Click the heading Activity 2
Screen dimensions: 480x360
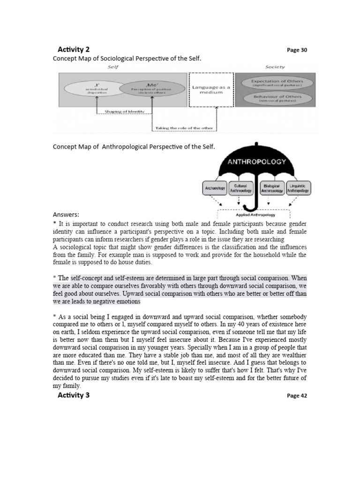74,49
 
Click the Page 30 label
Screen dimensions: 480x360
297,50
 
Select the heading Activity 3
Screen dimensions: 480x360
74,395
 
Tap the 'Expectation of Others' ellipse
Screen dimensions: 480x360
277,83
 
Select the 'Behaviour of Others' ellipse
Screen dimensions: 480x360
277,98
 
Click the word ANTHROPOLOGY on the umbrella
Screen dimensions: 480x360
256,162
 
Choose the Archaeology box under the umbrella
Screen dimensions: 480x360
215,188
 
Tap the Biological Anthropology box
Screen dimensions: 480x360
272,188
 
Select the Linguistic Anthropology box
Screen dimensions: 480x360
299,188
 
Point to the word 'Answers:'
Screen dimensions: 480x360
66,214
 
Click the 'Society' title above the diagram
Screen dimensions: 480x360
275,67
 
